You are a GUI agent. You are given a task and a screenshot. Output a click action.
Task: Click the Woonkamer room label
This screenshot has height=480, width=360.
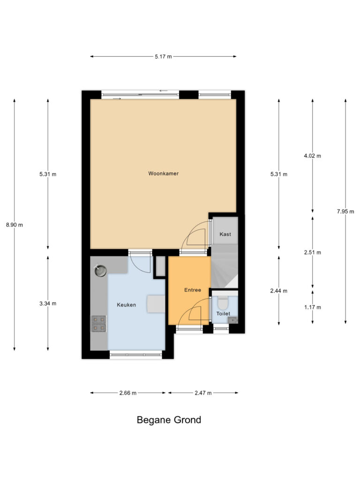[163, 173]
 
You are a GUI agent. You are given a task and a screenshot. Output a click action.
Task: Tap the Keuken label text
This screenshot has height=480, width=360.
[127, 305]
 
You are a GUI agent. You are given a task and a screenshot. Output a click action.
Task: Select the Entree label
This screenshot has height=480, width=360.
[193, 290]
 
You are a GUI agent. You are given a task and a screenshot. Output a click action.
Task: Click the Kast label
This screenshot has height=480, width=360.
[225, 234]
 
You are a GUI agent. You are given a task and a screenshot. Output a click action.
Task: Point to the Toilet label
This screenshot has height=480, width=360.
[223, 314]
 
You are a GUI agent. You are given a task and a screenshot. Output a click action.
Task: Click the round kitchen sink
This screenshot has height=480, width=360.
[100, 270]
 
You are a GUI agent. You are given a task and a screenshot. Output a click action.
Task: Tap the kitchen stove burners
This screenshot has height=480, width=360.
[99, 324]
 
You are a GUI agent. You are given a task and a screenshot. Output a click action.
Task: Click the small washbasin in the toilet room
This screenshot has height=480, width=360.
[233, 320]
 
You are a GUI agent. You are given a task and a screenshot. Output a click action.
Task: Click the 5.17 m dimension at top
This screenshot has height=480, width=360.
[163, 57]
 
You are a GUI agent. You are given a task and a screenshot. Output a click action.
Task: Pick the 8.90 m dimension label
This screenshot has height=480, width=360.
[15, 225]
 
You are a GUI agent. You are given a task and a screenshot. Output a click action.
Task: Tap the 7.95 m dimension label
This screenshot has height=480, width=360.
[345, 211]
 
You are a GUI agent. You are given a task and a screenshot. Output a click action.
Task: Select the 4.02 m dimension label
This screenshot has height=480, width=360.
[313, 156]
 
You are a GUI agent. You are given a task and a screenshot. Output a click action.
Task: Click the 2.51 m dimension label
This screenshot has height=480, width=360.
[313, 253]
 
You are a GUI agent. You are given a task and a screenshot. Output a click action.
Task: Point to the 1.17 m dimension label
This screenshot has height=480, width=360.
[313, 307]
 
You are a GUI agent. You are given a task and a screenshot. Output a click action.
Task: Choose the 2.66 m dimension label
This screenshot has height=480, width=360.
[128, 393]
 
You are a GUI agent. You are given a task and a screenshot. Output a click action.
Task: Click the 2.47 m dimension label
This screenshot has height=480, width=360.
[203, 393]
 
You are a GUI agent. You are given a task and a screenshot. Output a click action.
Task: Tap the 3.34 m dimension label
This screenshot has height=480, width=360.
[48, 304]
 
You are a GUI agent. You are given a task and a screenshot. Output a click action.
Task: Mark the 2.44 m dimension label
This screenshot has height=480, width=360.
[279, 291]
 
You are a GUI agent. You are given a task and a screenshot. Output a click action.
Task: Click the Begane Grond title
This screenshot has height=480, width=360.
[169, 420]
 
